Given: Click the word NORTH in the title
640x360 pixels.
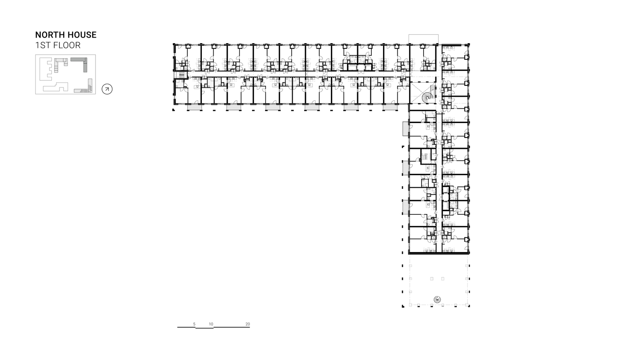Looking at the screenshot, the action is [50, 35].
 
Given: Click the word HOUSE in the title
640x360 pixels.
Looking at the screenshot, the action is [81, 35].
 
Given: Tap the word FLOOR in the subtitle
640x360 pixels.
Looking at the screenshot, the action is [67, 45].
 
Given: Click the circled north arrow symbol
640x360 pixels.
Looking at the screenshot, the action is [107, 89].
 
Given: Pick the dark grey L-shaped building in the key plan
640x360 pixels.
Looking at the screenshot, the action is [85, 65].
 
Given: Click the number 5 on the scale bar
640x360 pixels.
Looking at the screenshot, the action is [194, 324].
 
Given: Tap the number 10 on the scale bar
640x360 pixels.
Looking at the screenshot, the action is [211, 324].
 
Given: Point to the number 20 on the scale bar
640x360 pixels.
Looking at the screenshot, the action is [248, 324].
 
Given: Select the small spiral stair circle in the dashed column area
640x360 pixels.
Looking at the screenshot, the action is [437, 299].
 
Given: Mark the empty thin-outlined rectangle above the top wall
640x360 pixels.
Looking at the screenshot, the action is [424, 39].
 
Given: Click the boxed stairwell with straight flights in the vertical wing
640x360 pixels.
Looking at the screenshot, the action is [425, 156].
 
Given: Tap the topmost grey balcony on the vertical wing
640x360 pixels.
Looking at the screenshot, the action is [405, 129].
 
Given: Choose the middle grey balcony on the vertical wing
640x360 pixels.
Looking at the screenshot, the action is [405, 168].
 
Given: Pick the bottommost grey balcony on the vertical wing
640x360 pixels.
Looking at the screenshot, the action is [405, 207].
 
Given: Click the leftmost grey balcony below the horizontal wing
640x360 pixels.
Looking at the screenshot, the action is [194, 108].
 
